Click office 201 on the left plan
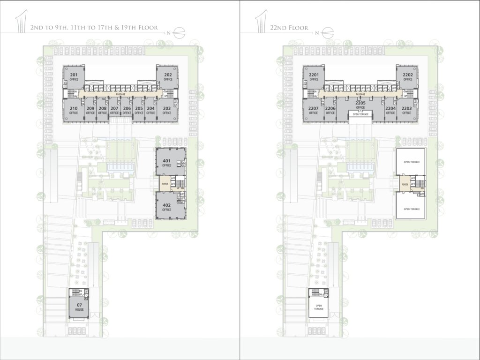[x=74, y=77]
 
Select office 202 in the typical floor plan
[x=168, y=77]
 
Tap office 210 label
[x=74, y=110]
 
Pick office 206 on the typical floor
[x=127, y=110]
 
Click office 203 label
[x=166, y=110]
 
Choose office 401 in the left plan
[x=166, y=163]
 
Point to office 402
[x=166, y=207]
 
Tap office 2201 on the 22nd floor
[x=314, y=77]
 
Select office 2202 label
[x=407, y=77]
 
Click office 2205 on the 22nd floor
[x=360, y=105]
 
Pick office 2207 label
[x=314, y=110]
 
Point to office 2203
[x=406, y=110]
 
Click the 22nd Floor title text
[x=289, y=28]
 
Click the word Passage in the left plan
[x=120, y=94]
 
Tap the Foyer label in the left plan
[x=165, y=184]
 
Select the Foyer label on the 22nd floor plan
[x=404, y=185]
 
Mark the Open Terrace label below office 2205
[x=360, y=114]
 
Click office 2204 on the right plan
[x=390, y=110]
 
